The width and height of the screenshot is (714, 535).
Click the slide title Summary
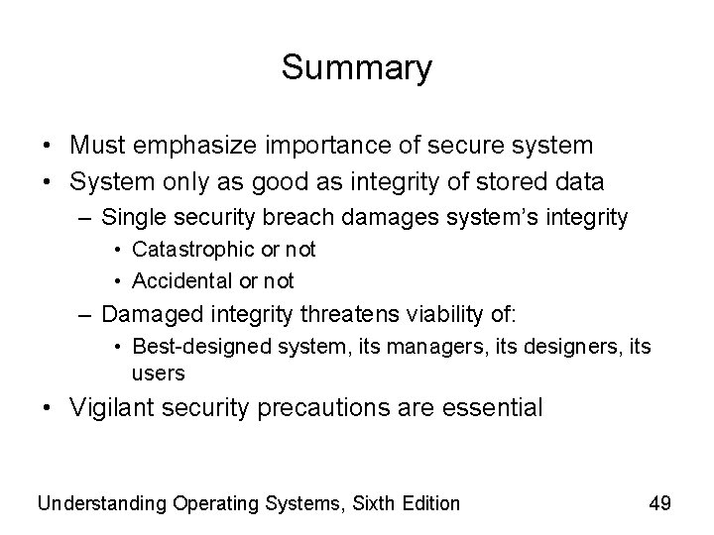357,68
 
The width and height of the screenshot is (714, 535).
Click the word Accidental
179,280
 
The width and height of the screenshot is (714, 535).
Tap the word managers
381,348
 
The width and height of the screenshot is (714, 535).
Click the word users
158,373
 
